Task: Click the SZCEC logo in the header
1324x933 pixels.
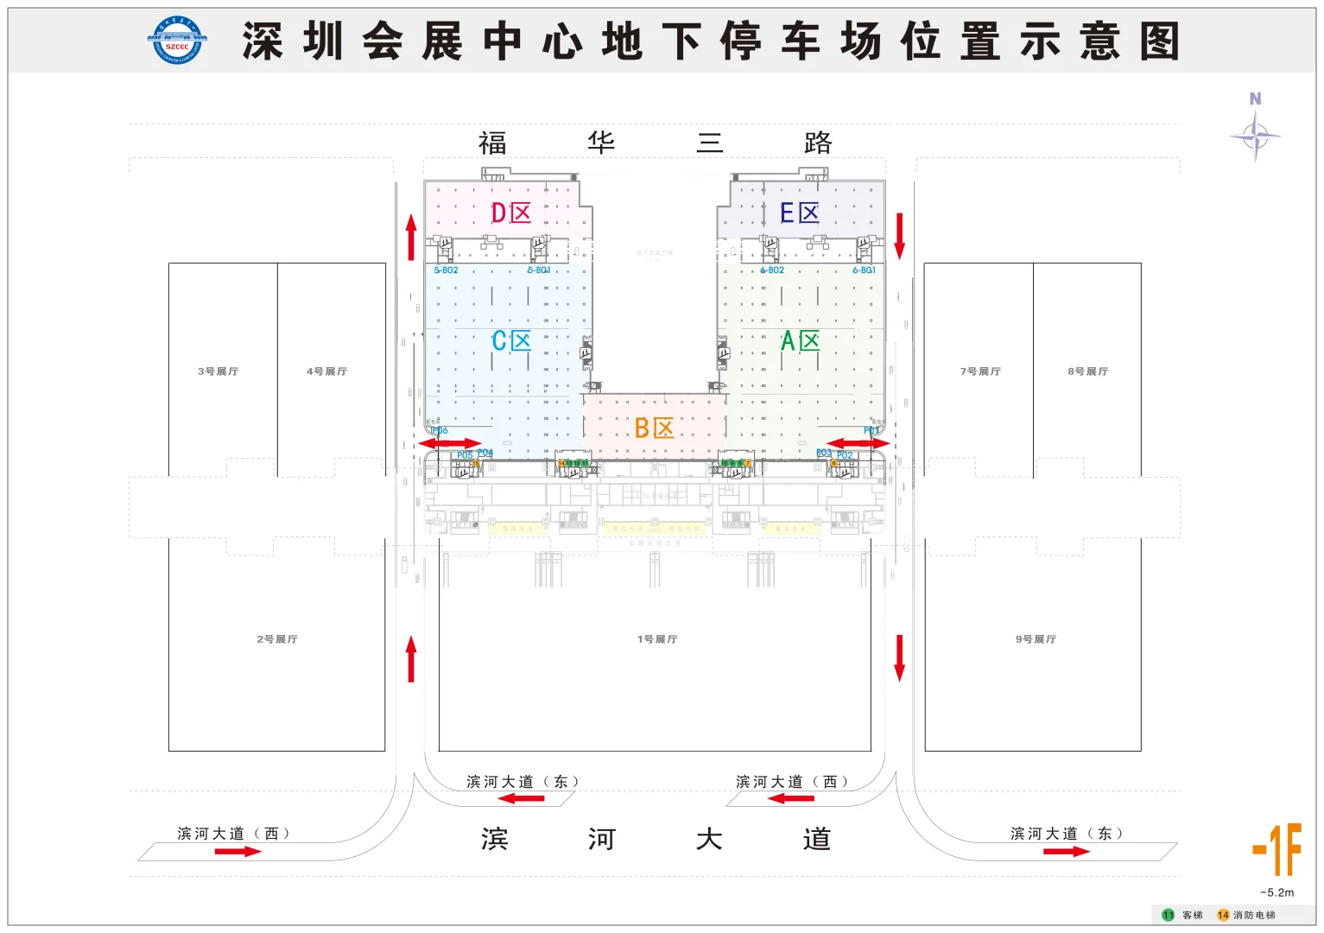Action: coord(176,41)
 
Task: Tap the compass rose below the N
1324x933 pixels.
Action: coord(1256,136)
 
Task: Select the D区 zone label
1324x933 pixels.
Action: coord(510,213)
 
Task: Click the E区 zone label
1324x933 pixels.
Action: coord(799,213)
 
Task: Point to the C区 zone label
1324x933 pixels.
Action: coord(511,341)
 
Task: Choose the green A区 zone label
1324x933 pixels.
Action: coord(800,341)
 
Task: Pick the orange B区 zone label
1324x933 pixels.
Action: coord(654,428)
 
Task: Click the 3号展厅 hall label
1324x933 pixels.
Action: coord(218,371)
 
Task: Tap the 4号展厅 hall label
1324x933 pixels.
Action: coord(326,371)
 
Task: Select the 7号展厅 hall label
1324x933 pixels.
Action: coord(980,371)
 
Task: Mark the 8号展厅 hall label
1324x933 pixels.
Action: coord(1087,371)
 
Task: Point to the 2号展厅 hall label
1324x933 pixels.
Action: coord(276,639)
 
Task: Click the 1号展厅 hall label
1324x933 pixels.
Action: coord(656,639)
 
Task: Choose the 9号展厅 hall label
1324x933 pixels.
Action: coord(1036,639)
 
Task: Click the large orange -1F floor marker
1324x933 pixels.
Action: coord(1277,849)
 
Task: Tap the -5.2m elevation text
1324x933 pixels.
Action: coord(1276,892)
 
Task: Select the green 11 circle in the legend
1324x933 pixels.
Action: coord(1168,915)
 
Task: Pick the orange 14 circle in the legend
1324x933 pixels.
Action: coord(1223,915)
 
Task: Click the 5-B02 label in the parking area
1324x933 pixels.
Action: coord(446,270)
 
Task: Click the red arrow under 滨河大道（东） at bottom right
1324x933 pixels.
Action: coord(1066,852)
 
